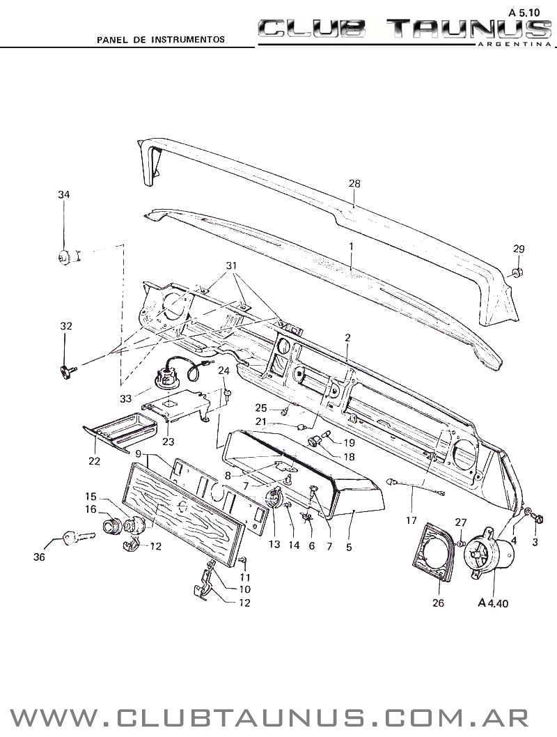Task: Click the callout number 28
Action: pos(354,183)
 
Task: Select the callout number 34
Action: pos(64,194)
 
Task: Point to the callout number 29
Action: pos(519,249)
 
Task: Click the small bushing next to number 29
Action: pos(517,271)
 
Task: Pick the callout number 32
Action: pos(65,325)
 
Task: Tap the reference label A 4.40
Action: pos(494,603)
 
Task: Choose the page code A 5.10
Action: pos(524,13)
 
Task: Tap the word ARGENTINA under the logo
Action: pos(512,43)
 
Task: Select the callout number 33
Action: pos(125,398)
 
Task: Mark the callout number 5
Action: pos(348,547)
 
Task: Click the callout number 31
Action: pos(231,266)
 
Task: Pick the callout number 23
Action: pos(168,441)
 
